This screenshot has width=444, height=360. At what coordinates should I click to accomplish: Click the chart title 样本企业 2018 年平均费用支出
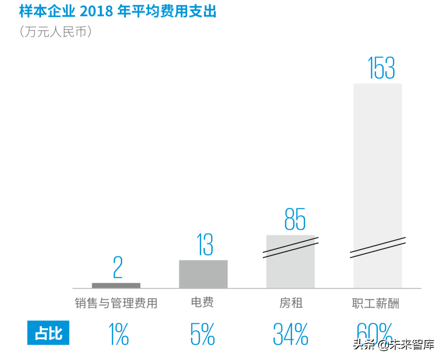118,11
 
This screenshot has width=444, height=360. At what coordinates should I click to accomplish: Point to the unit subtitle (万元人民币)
55,32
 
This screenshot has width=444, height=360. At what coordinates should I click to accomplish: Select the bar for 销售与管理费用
116,285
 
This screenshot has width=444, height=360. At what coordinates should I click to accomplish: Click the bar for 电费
203,274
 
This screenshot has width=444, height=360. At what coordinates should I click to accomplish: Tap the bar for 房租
290,270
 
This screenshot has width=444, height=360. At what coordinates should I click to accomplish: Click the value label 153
381,68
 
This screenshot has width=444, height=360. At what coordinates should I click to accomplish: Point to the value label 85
295,219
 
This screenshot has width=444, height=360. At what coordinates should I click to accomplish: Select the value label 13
205,245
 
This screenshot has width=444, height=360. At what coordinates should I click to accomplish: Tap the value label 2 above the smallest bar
118,268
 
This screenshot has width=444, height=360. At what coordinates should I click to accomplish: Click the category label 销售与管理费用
116,303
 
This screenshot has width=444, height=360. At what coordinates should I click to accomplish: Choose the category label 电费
202,302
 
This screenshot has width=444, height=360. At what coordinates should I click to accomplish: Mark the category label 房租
291,303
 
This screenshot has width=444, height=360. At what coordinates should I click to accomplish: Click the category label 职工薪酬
375,303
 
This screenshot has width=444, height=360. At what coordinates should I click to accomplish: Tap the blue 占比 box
48,333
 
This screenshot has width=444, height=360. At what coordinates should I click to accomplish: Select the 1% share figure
118,334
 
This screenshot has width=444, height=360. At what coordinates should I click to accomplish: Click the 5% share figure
202,334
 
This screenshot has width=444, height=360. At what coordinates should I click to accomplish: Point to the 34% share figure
290,334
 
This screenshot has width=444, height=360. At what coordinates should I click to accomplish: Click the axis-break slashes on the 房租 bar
290,247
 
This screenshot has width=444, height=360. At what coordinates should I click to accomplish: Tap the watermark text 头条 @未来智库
393,344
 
